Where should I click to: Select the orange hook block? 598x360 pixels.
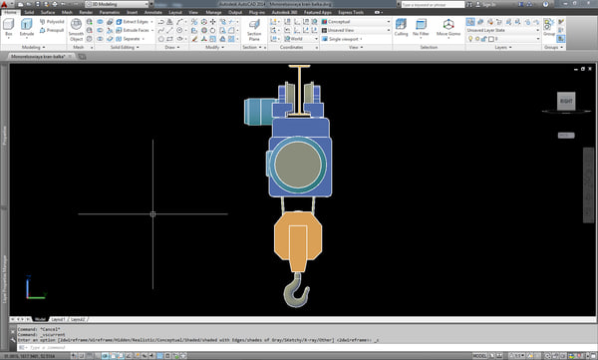pyautogui.click(x=298, y=241)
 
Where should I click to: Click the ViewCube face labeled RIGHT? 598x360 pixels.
pyautogui.click(x=566, y=101)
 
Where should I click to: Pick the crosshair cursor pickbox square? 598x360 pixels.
pyautogui.click(x=152, y=213)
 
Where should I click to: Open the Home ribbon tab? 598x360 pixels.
pyautogui.click(x=10, y=12)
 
